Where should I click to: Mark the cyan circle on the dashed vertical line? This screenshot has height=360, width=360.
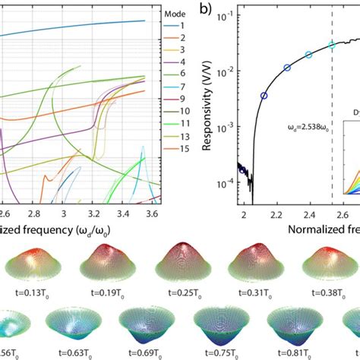331,45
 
